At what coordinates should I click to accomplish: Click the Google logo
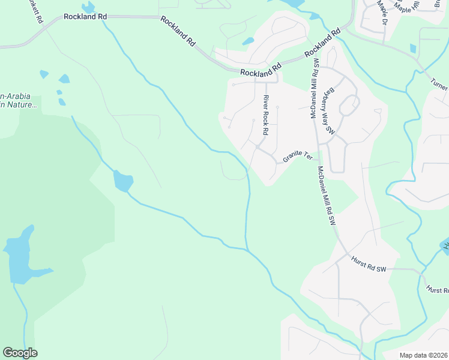(20, 353)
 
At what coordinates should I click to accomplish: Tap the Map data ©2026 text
(423, 355)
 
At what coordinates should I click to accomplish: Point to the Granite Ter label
(298, 156)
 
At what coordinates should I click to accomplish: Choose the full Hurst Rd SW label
(368, 265)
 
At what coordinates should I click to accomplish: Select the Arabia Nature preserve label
(18, 100)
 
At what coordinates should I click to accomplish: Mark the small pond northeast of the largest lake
(123, 180)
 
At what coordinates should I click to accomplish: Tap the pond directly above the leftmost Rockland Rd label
(88, 7)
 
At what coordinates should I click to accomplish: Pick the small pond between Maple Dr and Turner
(413, 48)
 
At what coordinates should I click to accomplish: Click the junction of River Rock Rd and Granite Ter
(258, 146)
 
